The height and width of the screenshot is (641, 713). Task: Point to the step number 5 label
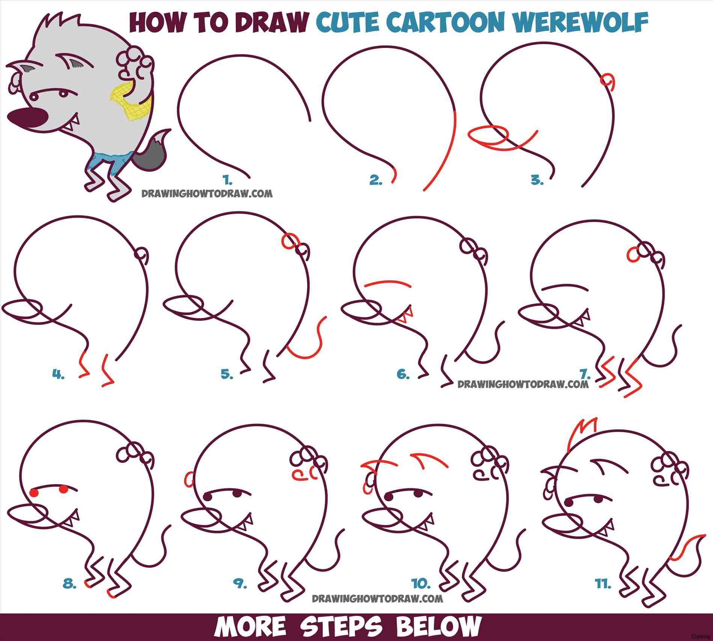(227, 374)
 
